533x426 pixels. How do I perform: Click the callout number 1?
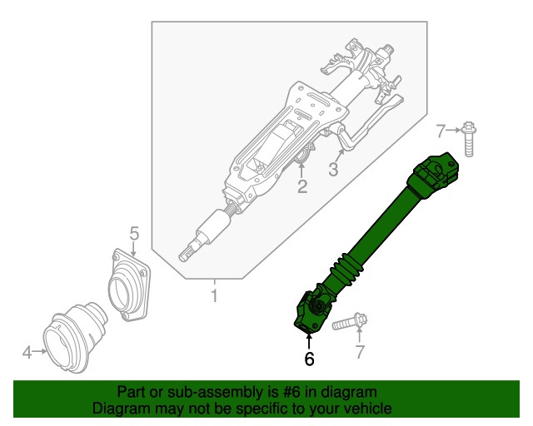tap(214, 296)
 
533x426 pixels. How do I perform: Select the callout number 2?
tap(302, 187)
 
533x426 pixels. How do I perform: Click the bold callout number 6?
tap(309, 359)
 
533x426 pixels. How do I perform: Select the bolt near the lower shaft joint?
tap(348, 322)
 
